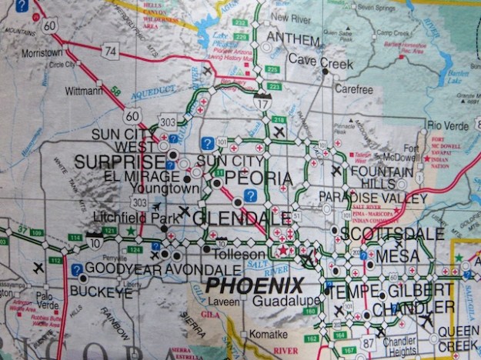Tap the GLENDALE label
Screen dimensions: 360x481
coord(231,218)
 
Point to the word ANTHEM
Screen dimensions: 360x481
coord(292,40)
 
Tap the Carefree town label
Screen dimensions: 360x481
coord(353,88)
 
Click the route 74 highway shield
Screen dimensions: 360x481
coord(111,52)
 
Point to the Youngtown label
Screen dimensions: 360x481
coord(161,188)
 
